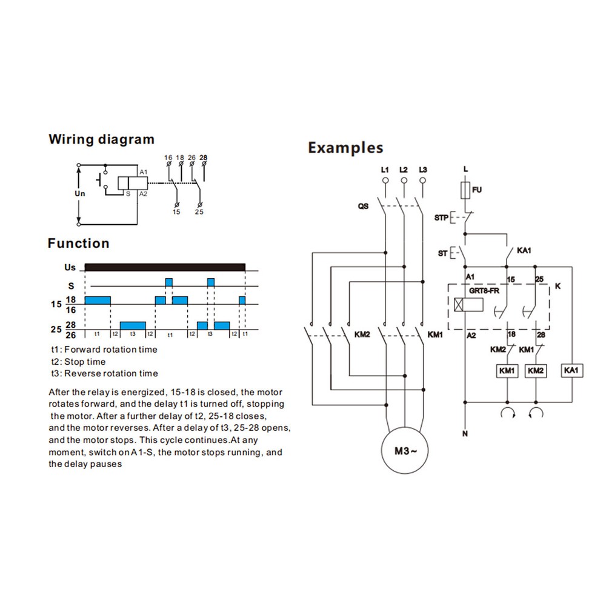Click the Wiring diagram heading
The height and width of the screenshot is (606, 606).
pos(101,139)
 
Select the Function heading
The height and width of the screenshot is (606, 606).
pos(78,244)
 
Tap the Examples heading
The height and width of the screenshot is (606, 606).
pos(345,147)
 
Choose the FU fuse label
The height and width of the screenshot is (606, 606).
pos(478,190)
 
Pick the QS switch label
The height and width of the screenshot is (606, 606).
pos(362,206)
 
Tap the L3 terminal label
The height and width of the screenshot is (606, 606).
pos(423,170)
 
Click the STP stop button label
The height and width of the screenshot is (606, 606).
pos(441,217)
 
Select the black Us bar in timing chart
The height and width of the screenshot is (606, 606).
pos(165,267)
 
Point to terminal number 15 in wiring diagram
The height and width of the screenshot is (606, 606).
pos(176,211)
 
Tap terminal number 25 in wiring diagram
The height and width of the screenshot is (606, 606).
pos(199,211)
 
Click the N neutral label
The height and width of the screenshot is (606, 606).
pos(465,434)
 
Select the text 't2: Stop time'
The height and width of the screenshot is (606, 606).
pos(78,361)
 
